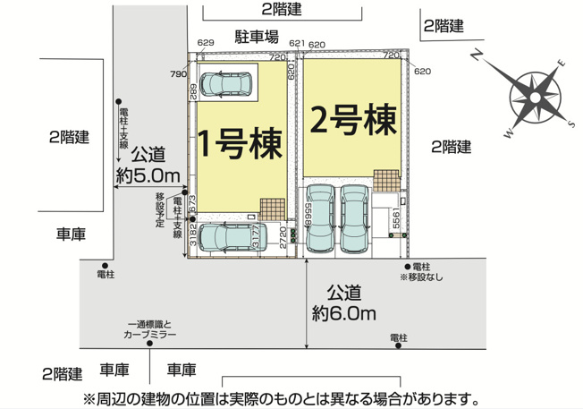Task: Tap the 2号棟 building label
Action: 352,120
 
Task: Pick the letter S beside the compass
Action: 572,123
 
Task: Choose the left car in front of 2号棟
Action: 319,217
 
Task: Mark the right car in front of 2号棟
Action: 355,217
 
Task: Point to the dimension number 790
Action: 178,74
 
